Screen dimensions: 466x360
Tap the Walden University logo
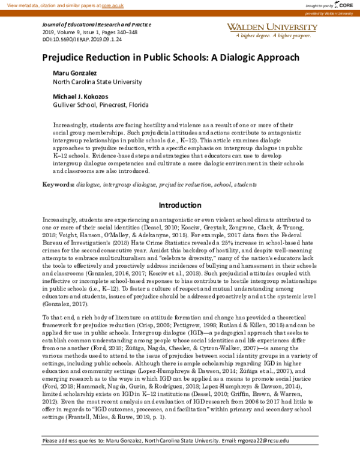pyautogui.click(x=272, y=28)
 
